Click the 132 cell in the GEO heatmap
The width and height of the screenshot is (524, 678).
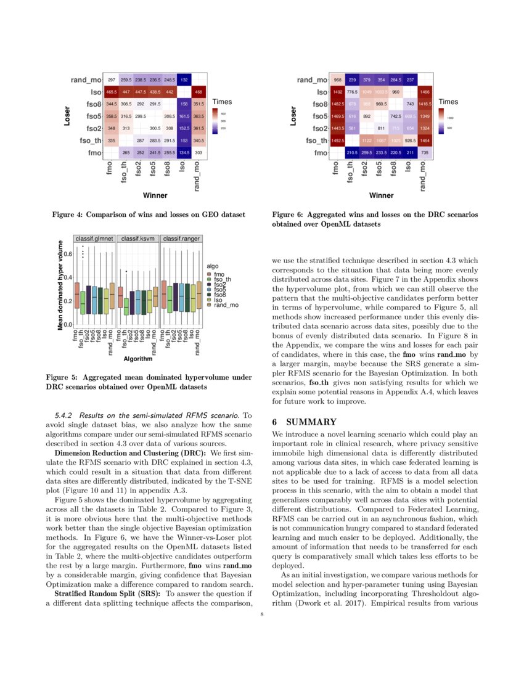tap(184, 80)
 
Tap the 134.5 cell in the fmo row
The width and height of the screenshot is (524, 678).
tap(184, 152)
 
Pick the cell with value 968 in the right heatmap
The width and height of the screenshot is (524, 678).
tap(337, 80)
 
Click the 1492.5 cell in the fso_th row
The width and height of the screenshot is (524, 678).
tap(337, 141)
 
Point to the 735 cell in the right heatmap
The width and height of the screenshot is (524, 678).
tap(425, 152)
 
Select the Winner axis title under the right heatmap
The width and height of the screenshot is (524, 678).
tap(382, 195)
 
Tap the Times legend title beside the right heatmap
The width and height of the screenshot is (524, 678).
tap(449, 101)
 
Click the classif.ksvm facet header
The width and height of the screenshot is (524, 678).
tap(138, 238)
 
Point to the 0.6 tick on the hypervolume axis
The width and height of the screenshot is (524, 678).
tap(67, 253)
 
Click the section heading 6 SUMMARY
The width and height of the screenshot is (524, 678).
tap(305, 422)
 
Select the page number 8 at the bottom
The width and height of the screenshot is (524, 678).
tap(262, 614)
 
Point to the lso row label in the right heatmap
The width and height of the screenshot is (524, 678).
tap(321, 92)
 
